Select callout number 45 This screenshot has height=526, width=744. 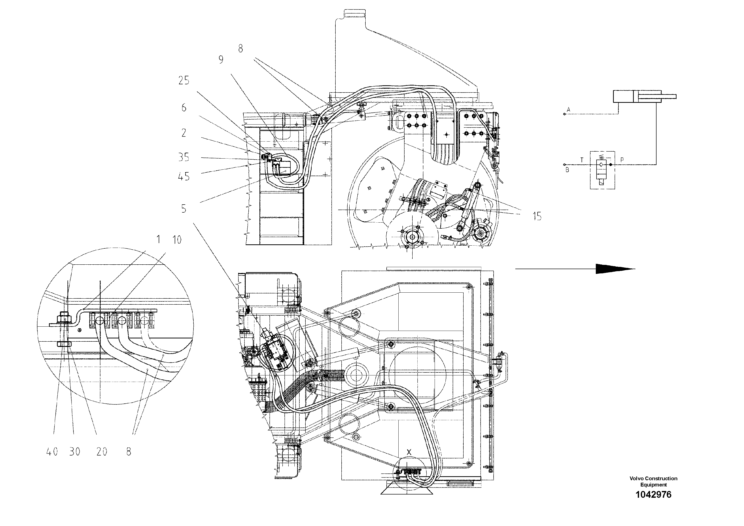point(184,177)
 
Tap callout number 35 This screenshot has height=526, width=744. point(184,157)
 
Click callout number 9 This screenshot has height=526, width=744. point(221,60)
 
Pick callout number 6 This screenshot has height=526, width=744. point(184,108)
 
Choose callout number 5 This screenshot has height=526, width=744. point(184,209)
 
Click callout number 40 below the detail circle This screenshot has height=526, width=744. point(52,452)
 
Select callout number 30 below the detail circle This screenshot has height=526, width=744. point(74,452)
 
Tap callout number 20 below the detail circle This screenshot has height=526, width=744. point(102,452)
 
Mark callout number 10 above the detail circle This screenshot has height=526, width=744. point(177,240)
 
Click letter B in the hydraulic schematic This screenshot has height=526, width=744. point(567,170)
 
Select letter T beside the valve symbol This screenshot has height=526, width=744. point(582,160)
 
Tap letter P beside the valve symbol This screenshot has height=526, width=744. point(622,160)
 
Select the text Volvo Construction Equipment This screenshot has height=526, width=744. point(653,481)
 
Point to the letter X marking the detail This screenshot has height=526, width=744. point(409,452)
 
